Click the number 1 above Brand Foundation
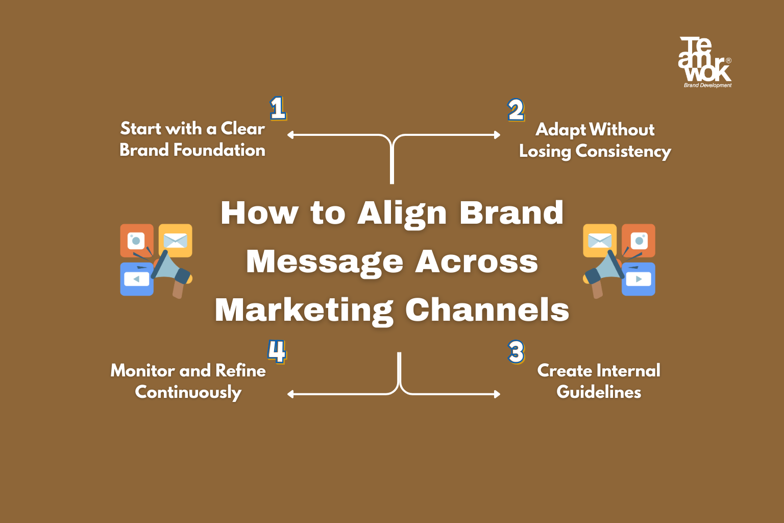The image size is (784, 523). click(x=278, y=108)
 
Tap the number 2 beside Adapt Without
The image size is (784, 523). click(x=516, y=110)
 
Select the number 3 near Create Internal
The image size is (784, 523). click(x=516, y=352)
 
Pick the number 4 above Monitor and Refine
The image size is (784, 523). click(x=277, y=351)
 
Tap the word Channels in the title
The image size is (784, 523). click(x=487, y=311)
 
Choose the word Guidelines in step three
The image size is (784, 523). click(x=599, y=392)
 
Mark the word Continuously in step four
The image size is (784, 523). click(x=188, y=392)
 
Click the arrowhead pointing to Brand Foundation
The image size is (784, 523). click(x=290, y=135)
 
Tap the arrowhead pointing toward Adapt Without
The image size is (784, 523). click(x=498, y=135)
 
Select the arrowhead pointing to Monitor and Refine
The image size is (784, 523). click(x=290, y=394)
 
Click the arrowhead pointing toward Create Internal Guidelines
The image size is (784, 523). click(x=498, y=394)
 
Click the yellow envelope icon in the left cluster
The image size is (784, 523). click(x=176, y=240)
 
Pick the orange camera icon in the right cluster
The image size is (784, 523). click(x=639, y=240)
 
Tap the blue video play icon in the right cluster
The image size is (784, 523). click(x=639, y=279)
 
